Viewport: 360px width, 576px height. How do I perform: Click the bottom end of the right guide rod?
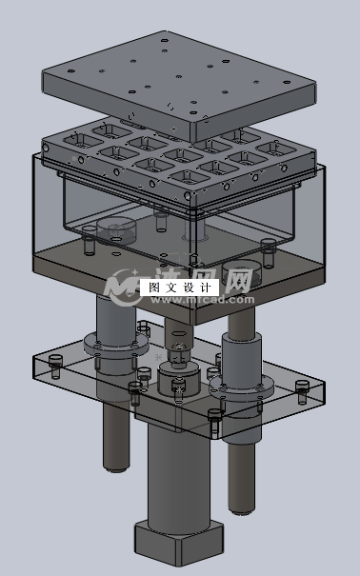[x=240, y=505]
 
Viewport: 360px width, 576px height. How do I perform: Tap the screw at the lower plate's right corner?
[x=304, y=387]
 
